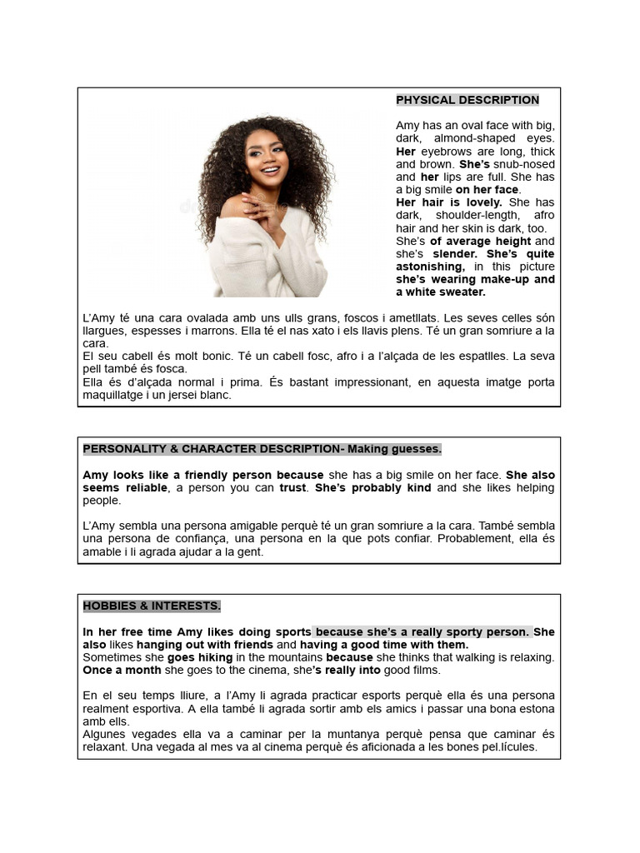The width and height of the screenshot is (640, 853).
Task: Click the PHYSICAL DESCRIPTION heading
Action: tap(467, 100)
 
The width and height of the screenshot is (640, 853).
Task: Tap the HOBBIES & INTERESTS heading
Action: tap(152, 606)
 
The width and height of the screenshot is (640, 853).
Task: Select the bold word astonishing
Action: tap(430, 267)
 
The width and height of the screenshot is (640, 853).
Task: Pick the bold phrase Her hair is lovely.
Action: tap(449, 202)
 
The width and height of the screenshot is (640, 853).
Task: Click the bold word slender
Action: tap(454, 253)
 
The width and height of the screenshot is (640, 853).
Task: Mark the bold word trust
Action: tap(292, 488)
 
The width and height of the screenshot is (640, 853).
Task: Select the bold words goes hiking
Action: tap(200, 657)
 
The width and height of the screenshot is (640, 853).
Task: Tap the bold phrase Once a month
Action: tap(122, 670)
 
